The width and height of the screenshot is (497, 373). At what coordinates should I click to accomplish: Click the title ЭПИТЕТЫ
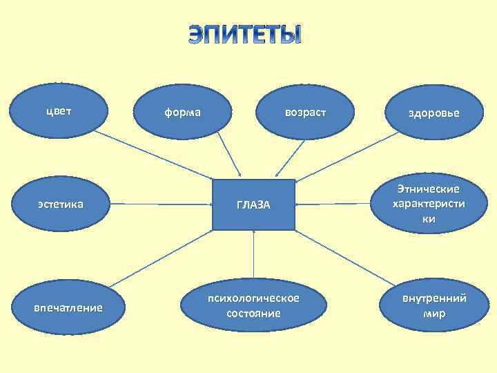[x=245, y=35]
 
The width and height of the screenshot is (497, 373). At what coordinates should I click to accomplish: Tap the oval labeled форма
[x=183, y=111]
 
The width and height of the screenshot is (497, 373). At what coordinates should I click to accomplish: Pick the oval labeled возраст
[x=304, y=111]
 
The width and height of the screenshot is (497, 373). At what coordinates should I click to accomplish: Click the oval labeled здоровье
[x=433, y=113]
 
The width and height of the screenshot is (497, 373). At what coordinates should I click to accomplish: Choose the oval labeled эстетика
[x=61, y=204]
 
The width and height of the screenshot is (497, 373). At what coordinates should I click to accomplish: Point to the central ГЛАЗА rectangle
[x=253, y=204]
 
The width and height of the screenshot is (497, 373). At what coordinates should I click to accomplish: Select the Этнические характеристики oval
[x=428, y=204]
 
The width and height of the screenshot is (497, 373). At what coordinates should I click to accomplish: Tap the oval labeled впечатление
[x=68, y=307]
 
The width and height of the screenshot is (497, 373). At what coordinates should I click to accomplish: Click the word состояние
[x=253, y=314]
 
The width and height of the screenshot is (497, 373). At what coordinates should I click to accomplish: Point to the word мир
[x=434, y=314]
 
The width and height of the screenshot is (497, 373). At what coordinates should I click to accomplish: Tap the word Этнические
[x=428, y=189]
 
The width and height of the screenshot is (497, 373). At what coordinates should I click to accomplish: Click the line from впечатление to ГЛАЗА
[x=162, y=256]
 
